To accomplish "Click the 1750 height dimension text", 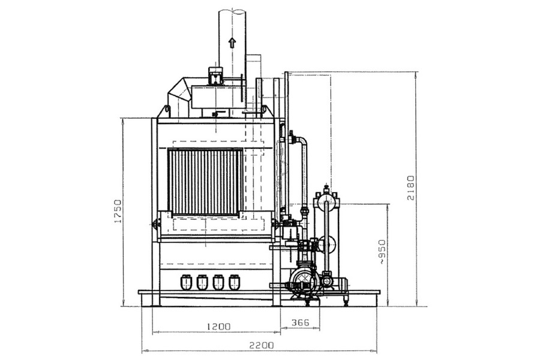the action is coord(118,211).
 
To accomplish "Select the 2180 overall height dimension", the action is coord(410,188).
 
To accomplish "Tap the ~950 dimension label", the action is coord(383,252).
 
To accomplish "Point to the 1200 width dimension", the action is coord(219,326).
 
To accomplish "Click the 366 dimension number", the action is coord(301,323).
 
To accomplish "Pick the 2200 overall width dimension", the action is coord(262,345).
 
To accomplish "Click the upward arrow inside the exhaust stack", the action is coord(232,42).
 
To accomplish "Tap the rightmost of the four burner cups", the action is coord(235,281).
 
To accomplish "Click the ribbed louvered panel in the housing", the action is coord(205,182).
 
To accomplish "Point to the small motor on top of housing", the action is coord(216,76).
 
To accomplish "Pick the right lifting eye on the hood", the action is coord(264,110).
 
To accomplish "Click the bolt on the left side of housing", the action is coord(155,224).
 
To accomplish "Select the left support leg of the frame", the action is coord(155,273).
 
